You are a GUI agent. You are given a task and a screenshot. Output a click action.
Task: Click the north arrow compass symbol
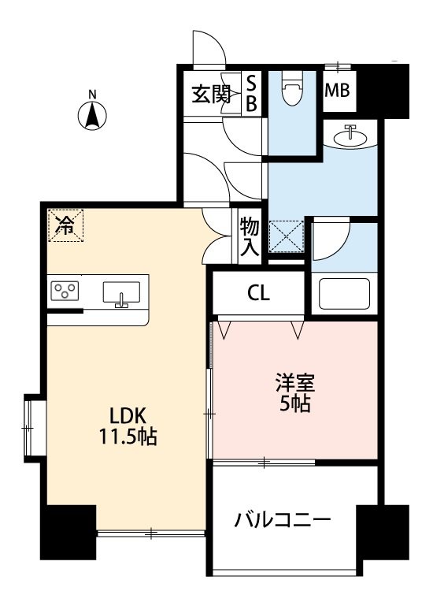click(92, 115)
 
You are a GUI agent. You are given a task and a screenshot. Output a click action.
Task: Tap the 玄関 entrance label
click(210, 94)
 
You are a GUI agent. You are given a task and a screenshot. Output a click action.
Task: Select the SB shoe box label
click(252, 92)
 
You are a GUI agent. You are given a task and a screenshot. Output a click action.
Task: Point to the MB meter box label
click(339, 91)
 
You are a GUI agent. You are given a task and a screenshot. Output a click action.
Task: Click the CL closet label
click(257, 295)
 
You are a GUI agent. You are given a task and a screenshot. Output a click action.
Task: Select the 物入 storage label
click(249, 237)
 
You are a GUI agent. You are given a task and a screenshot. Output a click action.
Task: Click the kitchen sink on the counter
click(121, 293)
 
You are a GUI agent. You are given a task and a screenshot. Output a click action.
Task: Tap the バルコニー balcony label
click(282, 521)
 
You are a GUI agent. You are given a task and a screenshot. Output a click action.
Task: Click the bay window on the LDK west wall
click(31, 426)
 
